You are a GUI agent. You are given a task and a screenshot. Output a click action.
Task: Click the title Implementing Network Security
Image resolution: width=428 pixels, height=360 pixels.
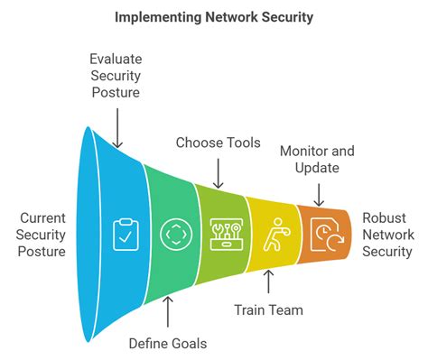(213, 17)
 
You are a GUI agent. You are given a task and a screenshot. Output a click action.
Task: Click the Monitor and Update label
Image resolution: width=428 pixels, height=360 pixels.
(316, 159)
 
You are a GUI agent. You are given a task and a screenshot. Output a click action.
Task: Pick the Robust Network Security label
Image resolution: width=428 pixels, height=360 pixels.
(387, 235)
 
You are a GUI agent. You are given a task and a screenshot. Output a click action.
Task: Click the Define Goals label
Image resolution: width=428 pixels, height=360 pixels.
(167, 343)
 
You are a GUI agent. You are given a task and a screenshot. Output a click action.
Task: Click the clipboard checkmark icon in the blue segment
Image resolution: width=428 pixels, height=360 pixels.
(125, 235)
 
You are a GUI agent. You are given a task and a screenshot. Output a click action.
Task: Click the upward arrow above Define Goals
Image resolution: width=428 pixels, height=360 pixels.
(167, 311)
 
